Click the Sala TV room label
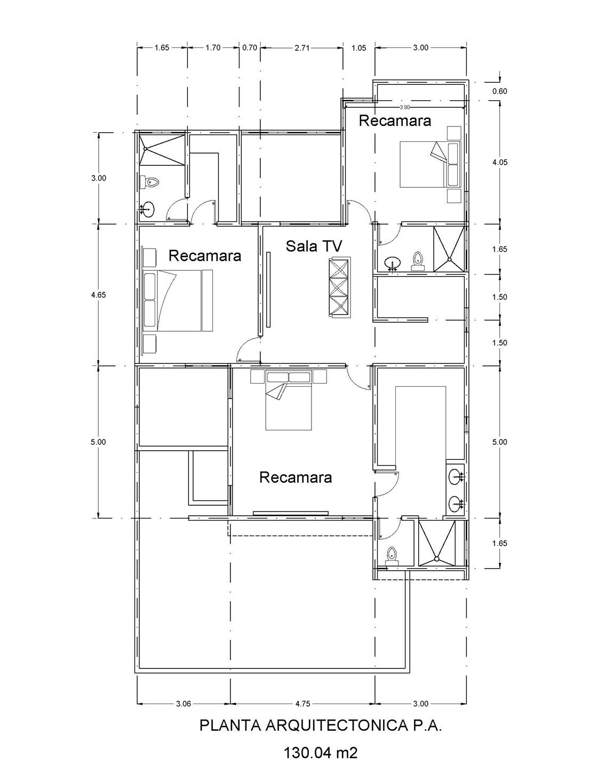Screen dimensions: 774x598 click(x=314, y=246)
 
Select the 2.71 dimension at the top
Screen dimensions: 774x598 click(x=301, y=47)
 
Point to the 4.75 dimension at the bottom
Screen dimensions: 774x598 click(x=302, y=704)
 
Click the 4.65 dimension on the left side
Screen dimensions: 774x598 click(x=99, y=294)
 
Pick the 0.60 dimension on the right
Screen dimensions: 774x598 click(x=499, y=91)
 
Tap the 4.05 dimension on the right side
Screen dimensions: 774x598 click(x=499, y=162)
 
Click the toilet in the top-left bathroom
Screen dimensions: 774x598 click(x=152, y=182)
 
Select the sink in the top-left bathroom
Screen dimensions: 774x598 click(x=148, y=209)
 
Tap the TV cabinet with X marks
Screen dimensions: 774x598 click(x=340, y=287)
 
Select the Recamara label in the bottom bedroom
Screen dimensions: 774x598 click(x=296, y=477)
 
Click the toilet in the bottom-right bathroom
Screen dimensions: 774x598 click(x=393, y=555)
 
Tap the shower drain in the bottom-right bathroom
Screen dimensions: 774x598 click(x=437, y=559)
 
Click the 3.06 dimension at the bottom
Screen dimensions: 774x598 click(x=183, y=704)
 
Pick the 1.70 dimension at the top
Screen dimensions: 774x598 click(x=213, y=47)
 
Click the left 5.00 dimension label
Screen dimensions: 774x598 click(x=99, y=442)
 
